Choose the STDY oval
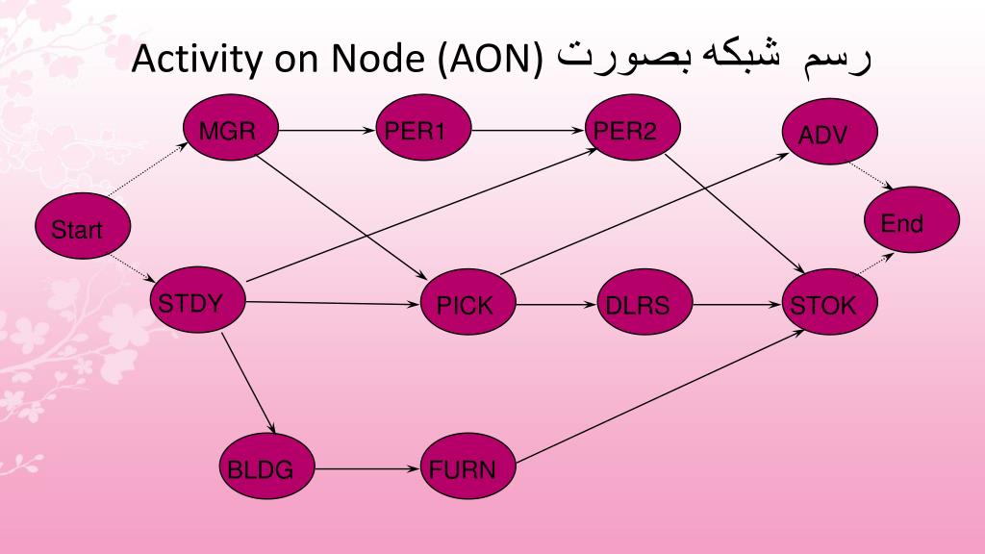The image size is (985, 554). (197, 304)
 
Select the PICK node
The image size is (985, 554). (467, 306)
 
